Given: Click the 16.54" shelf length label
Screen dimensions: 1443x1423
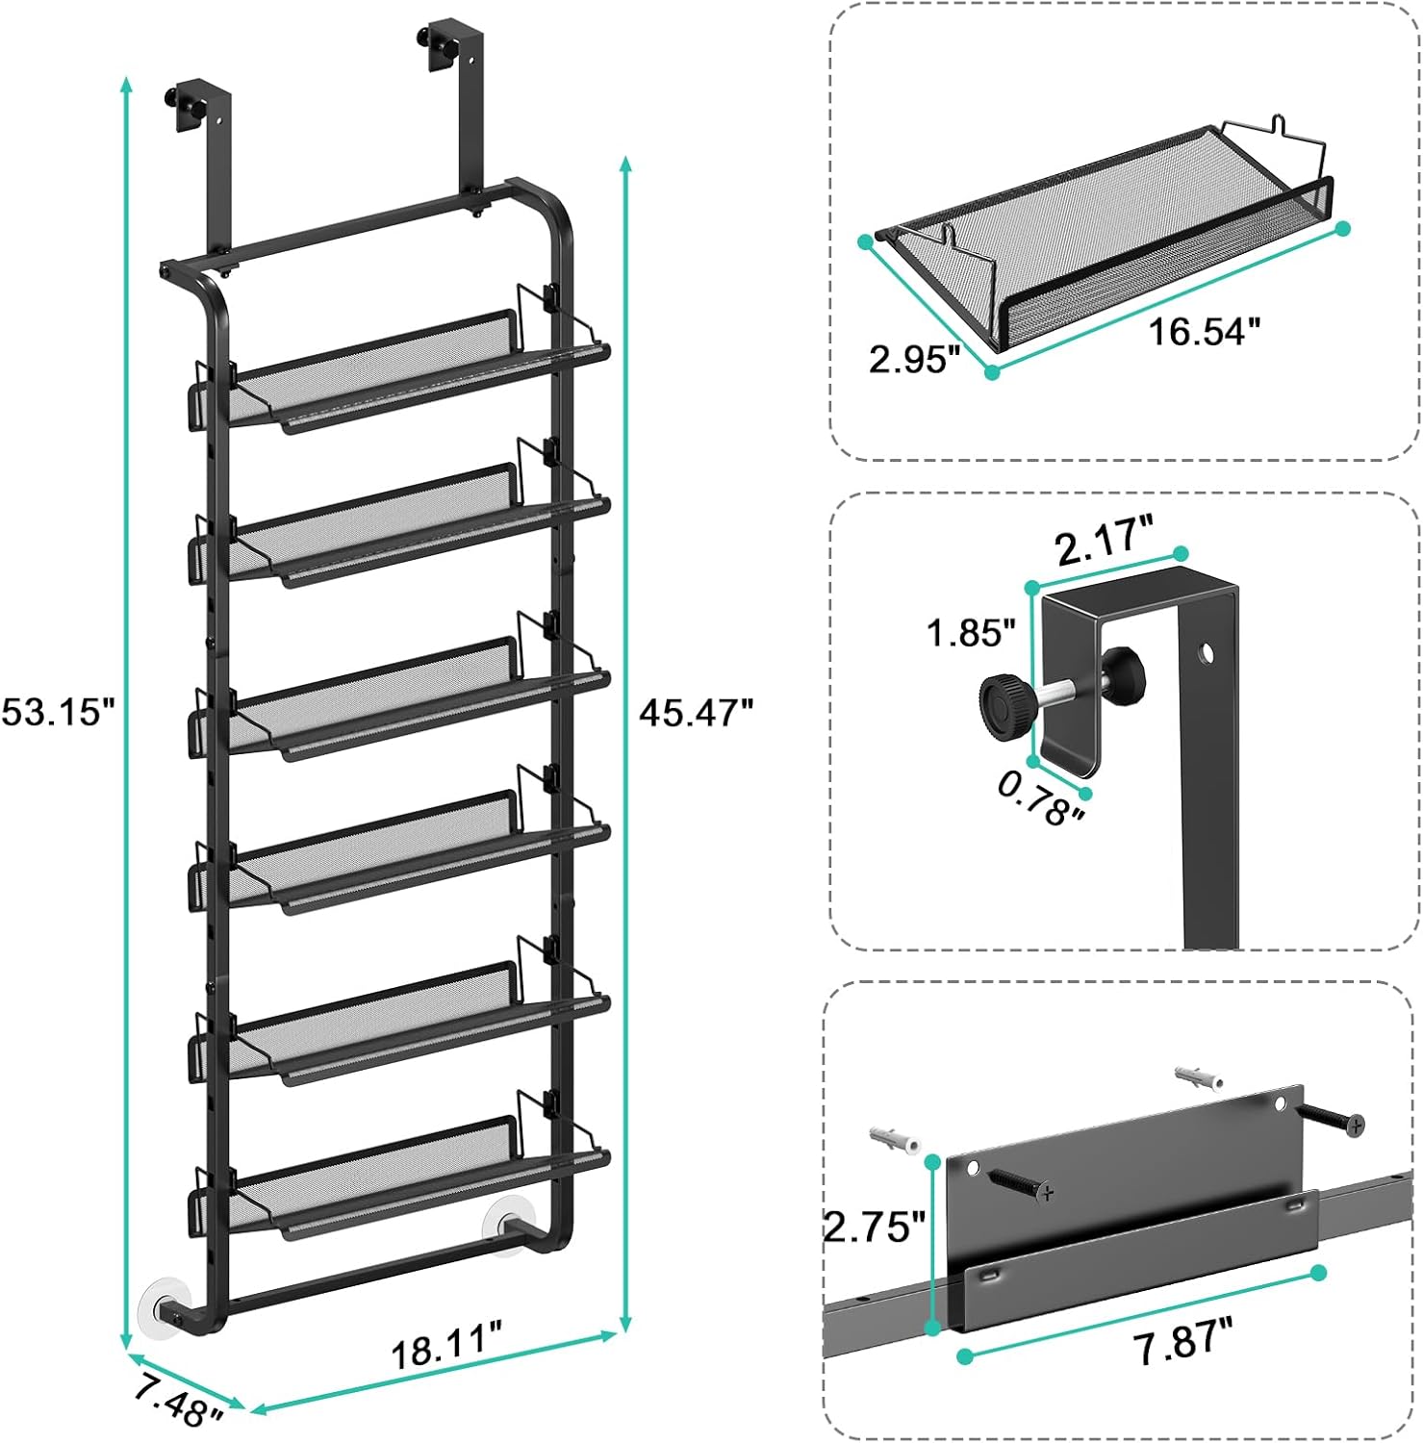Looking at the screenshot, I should (1204, 332).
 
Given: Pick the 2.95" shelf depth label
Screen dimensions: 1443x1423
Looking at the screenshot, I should (914, 361).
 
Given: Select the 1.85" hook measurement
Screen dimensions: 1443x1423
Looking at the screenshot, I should (971, 633).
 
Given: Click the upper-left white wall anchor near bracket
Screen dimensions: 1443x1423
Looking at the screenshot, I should (894, 1139).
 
